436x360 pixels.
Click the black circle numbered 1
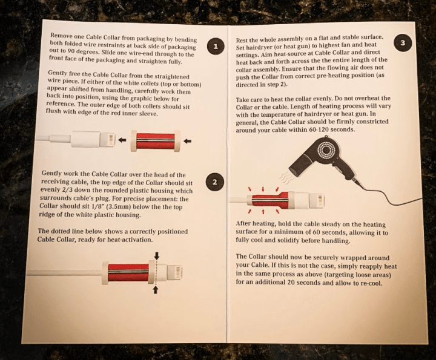(216, 47)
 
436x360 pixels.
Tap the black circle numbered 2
(214, 182)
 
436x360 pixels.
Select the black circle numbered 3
(403, 43)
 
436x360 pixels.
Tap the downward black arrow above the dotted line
(157, 255)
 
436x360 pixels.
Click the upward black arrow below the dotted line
(156, 290)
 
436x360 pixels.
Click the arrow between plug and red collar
(122, 140)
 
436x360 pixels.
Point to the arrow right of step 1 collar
(188, 141)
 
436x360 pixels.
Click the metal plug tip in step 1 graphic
(108, 139)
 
